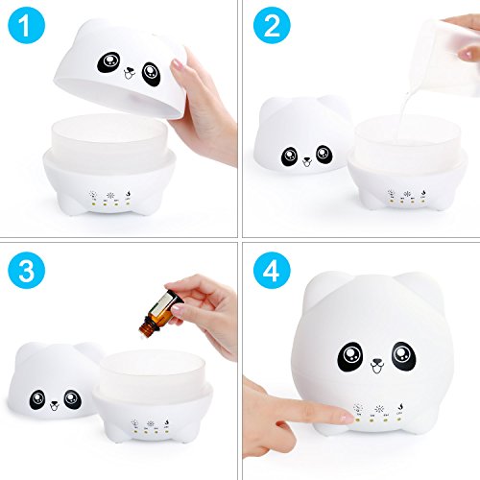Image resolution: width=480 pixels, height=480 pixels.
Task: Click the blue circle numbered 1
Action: (27, 25)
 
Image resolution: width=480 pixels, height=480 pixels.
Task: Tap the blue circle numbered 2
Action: (272, 25)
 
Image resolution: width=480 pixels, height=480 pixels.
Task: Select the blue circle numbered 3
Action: (27, 271)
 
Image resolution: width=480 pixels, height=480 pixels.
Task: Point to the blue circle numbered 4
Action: (272, 271)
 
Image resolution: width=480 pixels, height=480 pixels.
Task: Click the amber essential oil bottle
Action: (161, 312)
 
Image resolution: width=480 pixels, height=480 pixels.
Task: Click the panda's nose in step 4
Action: (377, 363)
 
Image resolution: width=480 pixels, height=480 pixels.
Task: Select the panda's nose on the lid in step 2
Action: (307, 159)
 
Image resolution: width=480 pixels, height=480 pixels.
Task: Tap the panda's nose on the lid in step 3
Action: (55, 403)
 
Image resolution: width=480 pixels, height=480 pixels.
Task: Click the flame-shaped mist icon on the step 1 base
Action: (128, 194)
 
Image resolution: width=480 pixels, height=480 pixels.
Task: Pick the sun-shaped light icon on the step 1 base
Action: (110, 195)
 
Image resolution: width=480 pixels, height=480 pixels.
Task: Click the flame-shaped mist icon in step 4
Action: (399, 407)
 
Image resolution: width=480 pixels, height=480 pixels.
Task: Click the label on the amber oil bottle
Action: (164, 306)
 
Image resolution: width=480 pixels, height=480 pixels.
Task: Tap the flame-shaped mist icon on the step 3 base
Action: (166, 421)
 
